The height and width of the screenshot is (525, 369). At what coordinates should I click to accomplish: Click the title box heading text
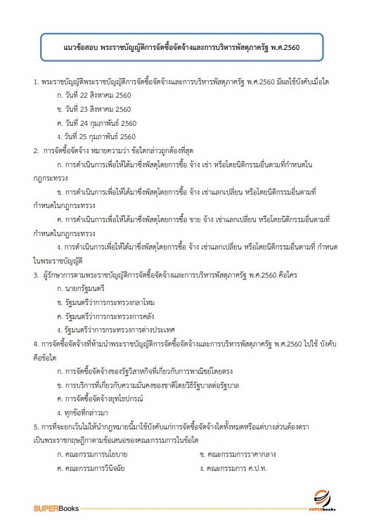point(183,49)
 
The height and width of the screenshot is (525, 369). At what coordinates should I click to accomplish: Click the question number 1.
point(36,83)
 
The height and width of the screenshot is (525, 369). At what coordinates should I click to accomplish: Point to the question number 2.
point(36,150)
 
